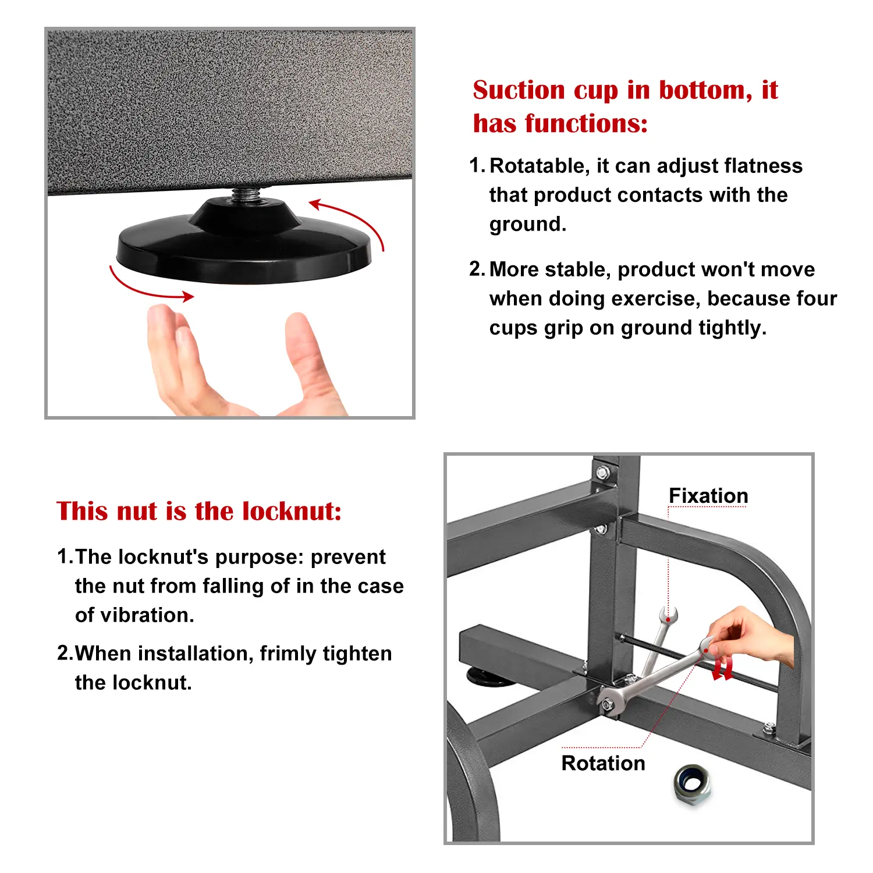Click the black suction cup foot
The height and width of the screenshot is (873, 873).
[x=244, y=244]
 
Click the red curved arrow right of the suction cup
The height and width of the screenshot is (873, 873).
[x=349, y=221]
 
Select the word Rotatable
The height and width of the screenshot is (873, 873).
[x=540, y=166]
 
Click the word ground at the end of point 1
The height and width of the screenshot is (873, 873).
[x=527, y=225]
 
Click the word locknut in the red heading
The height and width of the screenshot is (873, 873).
[x=291, y=511]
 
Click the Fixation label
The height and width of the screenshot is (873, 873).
[x=708, y=496]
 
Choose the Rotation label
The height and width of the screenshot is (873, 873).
[x=604, y=763]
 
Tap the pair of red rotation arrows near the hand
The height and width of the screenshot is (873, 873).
[x=723, y=669]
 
